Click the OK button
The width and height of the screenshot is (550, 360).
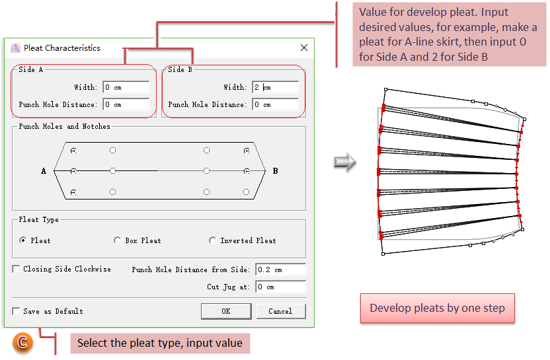(x=226, y=311)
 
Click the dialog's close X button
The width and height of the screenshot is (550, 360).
(x=304, y=48)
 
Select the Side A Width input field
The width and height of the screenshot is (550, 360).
(x=126, y=87)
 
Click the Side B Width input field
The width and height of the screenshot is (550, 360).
(x=274, y=87)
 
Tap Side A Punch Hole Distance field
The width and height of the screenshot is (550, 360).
(x=126, y=104)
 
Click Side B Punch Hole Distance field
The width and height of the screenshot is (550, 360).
(x=274, y=104)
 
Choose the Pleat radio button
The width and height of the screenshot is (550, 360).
(x=24, y=240)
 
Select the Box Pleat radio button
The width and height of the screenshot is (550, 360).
(x=118, y=240)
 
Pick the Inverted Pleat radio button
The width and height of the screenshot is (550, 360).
(x=213, y=240)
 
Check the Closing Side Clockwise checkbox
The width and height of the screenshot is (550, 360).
(x=16, y=269)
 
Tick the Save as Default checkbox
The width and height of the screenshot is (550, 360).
(x=16, y=311)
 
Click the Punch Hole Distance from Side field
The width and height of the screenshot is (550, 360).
(x=280, y=270)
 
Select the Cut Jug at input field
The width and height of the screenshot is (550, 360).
(x=280, y=287)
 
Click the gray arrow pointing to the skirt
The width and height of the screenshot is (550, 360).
(x=344, y=162)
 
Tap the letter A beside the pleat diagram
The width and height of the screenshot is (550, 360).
(x=44, y=171)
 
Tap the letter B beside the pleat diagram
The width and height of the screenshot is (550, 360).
(x=275, y=171)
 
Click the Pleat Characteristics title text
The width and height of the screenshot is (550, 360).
(x=61, y=48)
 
